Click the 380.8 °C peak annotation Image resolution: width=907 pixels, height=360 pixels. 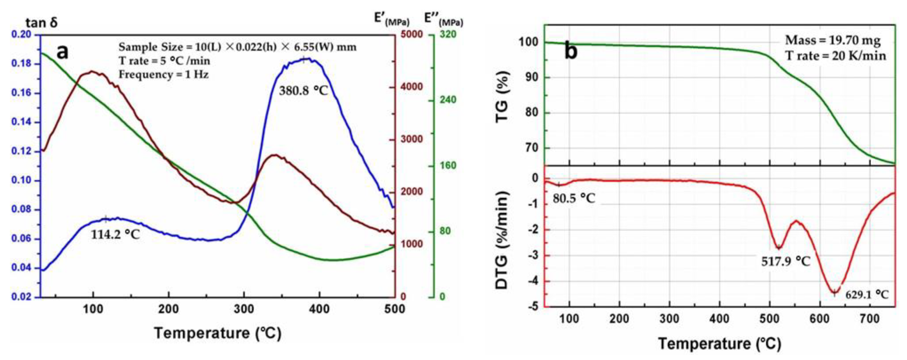tap(303, 91)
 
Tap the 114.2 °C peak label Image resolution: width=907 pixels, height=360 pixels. tap(115, 234)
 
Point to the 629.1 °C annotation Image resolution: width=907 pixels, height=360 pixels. tap(867, 295)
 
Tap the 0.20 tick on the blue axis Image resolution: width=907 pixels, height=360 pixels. tap(21, 35)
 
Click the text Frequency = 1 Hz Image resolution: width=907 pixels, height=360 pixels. tap(164, 75)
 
